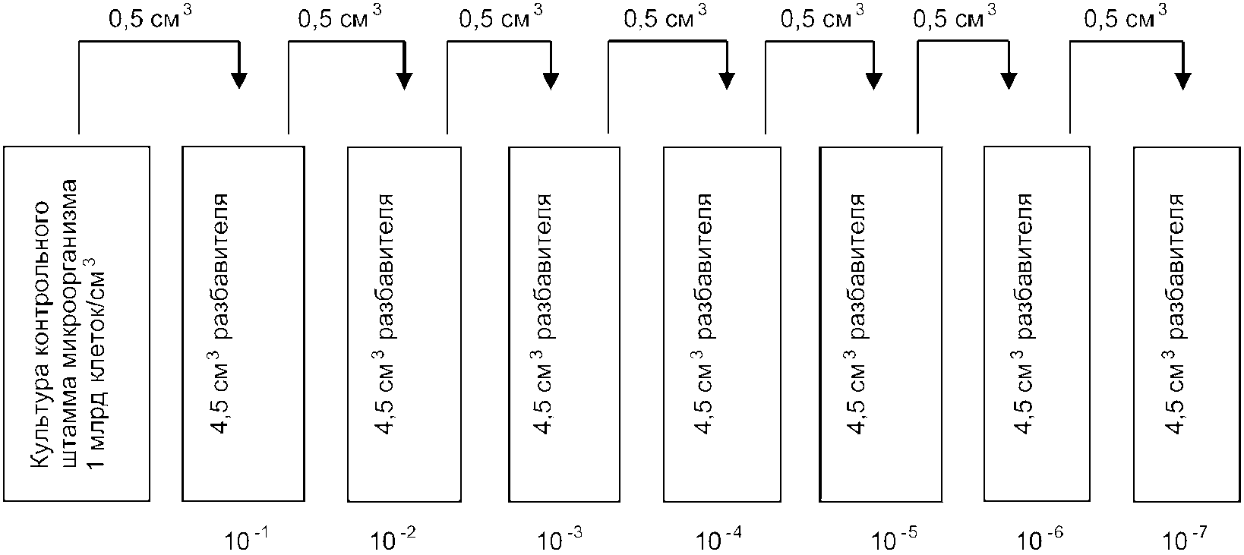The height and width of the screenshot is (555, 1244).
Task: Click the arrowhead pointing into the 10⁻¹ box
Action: click(x=239, y=80)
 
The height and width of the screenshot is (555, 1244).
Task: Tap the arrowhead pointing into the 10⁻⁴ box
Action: click(x=727, y=80)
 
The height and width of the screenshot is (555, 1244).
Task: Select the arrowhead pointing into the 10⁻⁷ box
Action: click(x=1183, y=80)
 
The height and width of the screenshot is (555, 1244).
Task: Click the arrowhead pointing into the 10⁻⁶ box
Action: click(x=1009, y=80)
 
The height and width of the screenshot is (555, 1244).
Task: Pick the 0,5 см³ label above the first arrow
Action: click(x=150, y=17)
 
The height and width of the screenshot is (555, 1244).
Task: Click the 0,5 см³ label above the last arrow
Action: click(x=1126, y=17)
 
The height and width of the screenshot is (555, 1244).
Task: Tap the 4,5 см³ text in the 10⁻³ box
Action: click(x=541, y=391)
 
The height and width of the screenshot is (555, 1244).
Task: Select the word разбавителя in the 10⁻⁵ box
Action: click(x=855, y=266)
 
